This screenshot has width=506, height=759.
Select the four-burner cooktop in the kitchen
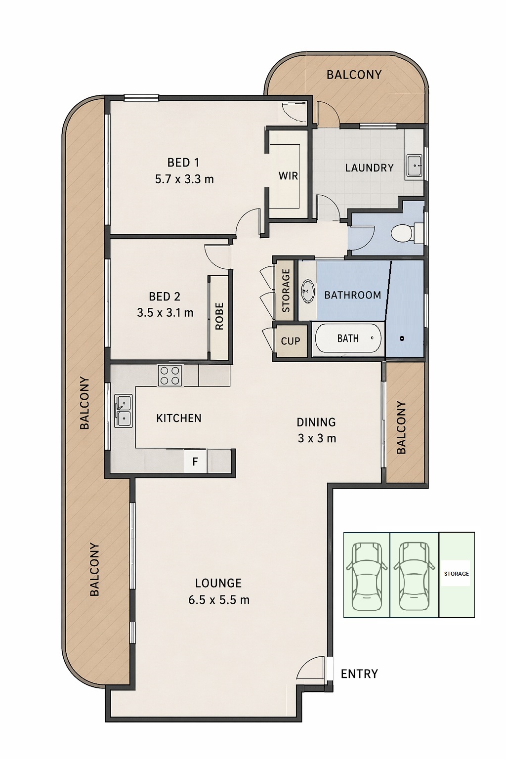pyautogui.click(x=170, y=376)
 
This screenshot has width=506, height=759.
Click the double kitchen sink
pyautogui.click(x=123, y=410)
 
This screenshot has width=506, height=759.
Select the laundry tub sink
pyautogui.click(x=414, y=166)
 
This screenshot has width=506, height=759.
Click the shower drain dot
pyautogui.click(x=402, y=338)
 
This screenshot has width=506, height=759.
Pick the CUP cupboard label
pyautogui.click(x=291, y=341)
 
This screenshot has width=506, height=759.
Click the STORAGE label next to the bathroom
pyautogui.click(x=286, y=291)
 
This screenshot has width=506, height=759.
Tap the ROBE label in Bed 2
pyautogui.click(x=219, y=316)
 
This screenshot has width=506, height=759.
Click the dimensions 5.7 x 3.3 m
pyautogui.click(x=184, y=179)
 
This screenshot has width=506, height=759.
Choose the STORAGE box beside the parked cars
pyautogui.click(x=457, y=574)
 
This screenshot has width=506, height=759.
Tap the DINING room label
pyautogui.click(x=316, y=422)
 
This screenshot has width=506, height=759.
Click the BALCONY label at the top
pyautogui.click(x=354, y=75)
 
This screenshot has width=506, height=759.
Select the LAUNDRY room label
pyautogui.click(x=369, y=168)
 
